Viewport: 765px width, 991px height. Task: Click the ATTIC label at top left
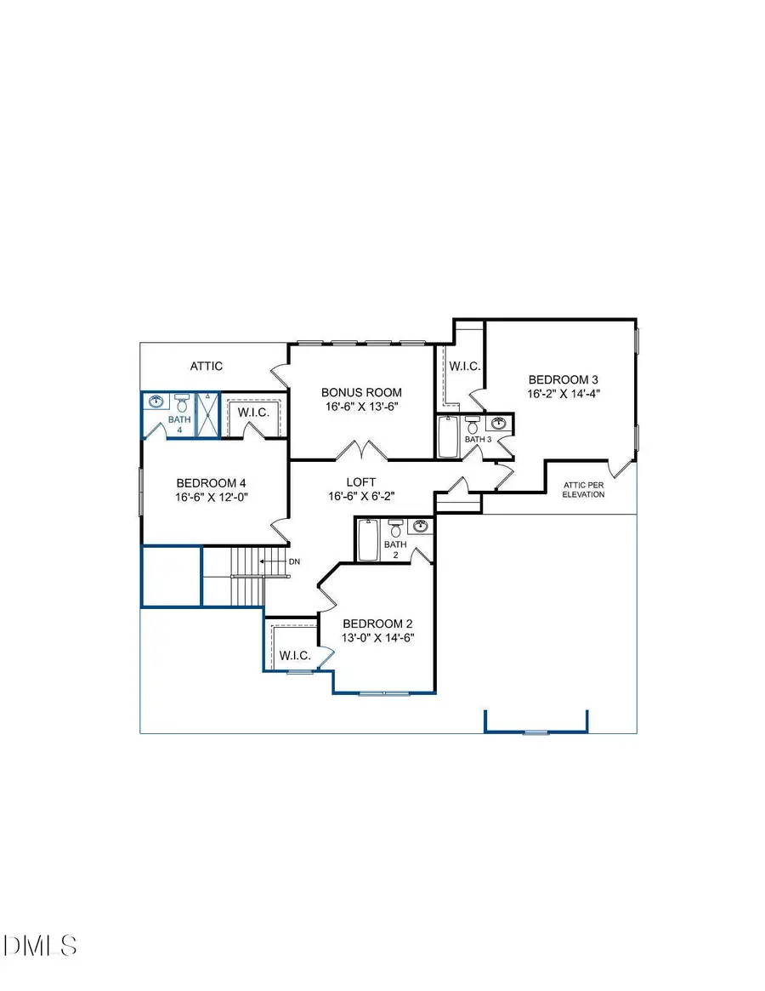point(206,366)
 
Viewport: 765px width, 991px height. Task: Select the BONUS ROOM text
point(361,392)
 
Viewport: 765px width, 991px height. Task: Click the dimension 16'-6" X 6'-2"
point(361,497)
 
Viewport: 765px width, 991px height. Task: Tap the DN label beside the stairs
point(294,561)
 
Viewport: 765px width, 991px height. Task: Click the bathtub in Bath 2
point(368,540)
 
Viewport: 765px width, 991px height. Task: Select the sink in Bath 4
point(156,402)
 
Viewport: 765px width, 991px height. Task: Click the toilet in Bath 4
point(181,402)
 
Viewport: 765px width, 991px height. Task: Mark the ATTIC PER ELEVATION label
point(584,489)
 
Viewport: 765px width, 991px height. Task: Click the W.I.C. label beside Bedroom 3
point(464,366)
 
